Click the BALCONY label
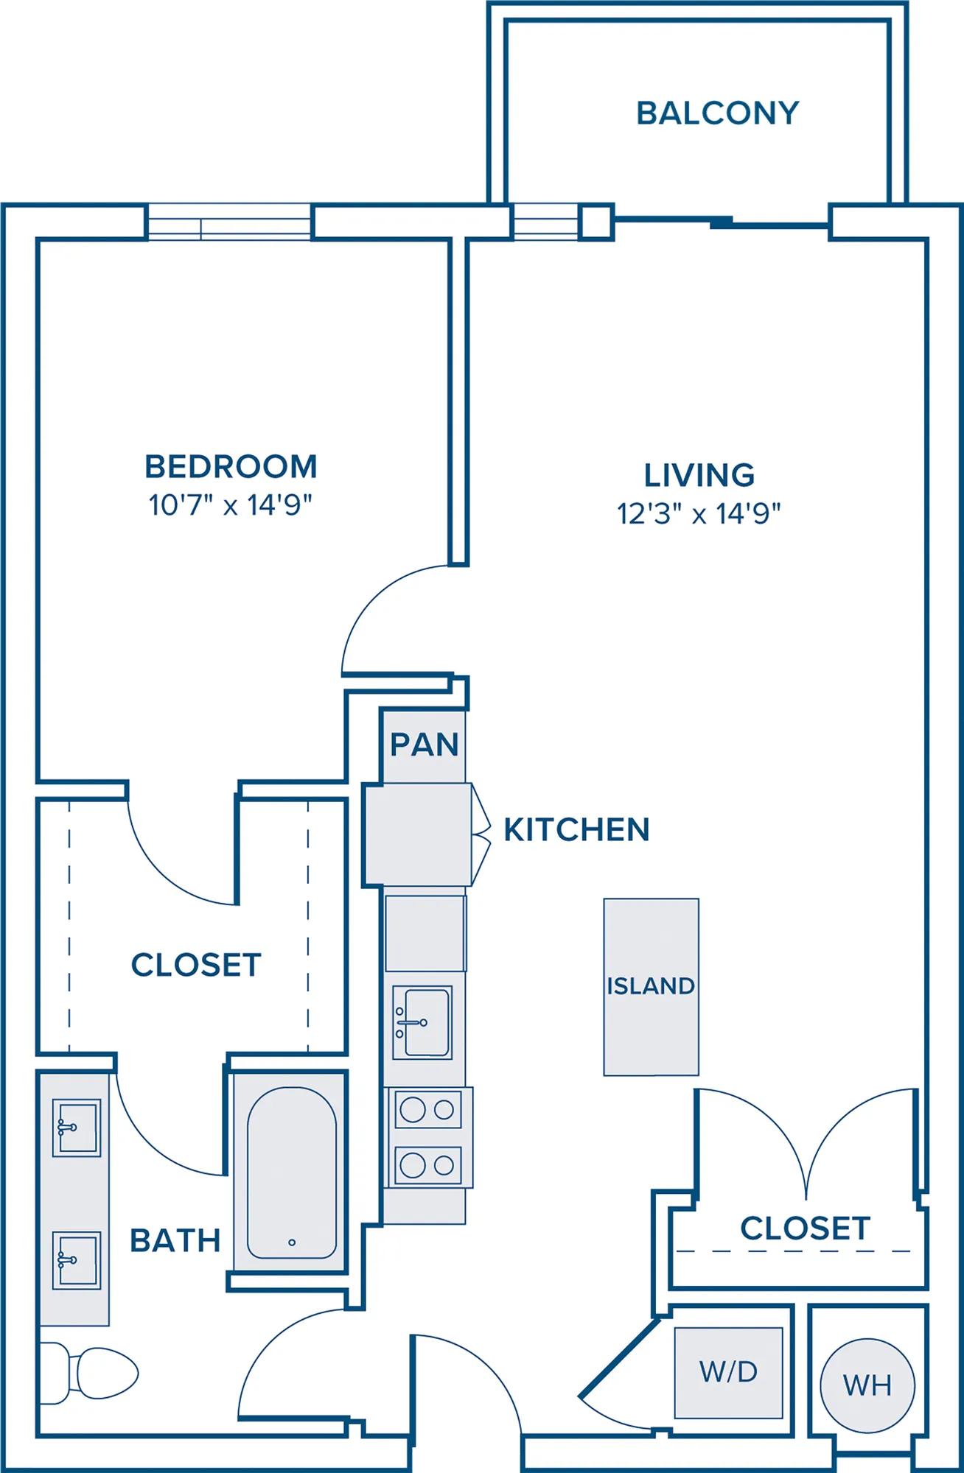(x=718, y=113)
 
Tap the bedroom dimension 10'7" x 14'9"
(x=231, y=505)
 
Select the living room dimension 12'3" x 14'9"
(x=699, y=513)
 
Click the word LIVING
(x=699, y=475)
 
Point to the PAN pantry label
(x=425, y=745)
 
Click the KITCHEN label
(x=576, y=829)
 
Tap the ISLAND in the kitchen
(x=651, y=987)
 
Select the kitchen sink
(x=422, y=1022)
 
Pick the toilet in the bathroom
(x=88, y=1373)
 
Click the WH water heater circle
(x=867, y=1385)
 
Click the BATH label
(x=175, y=1241)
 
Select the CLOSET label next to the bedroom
(x=196, y=965)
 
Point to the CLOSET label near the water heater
(x=805, y=1228)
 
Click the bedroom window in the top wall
(x=229, y=221)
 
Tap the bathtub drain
(x=292, y=1242)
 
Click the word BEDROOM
(x=231, y=466)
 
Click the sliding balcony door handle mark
(x=722, y=220)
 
